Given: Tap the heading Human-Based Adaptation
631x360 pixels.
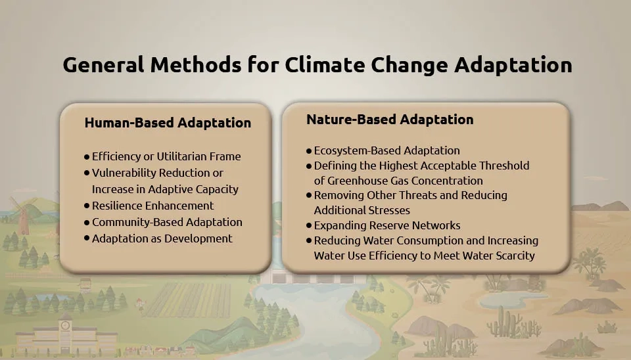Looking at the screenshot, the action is click(168, 123).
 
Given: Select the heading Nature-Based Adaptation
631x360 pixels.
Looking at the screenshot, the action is click(390, 120).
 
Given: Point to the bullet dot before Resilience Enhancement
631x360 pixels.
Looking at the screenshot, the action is click(87, 206).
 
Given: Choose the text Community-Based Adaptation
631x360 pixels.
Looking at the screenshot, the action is click(167, 222).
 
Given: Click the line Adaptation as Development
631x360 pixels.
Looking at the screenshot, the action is click(162, 238).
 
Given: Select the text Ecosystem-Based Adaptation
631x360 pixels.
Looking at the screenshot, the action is click(386, 150).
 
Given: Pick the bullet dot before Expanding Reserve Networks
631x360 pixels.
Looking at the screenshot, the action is click(309, 225).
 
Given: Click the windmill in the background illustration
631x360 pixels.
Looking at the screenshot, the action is click(22, 215).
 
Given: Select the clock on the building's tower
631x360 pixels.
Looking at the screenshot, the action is click(65, 326).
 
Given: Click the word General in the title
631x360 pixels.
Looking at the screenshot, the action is click(103, 65).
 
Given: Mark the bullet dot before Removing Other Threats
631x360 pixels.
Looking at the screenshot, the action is click(309, 196).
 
